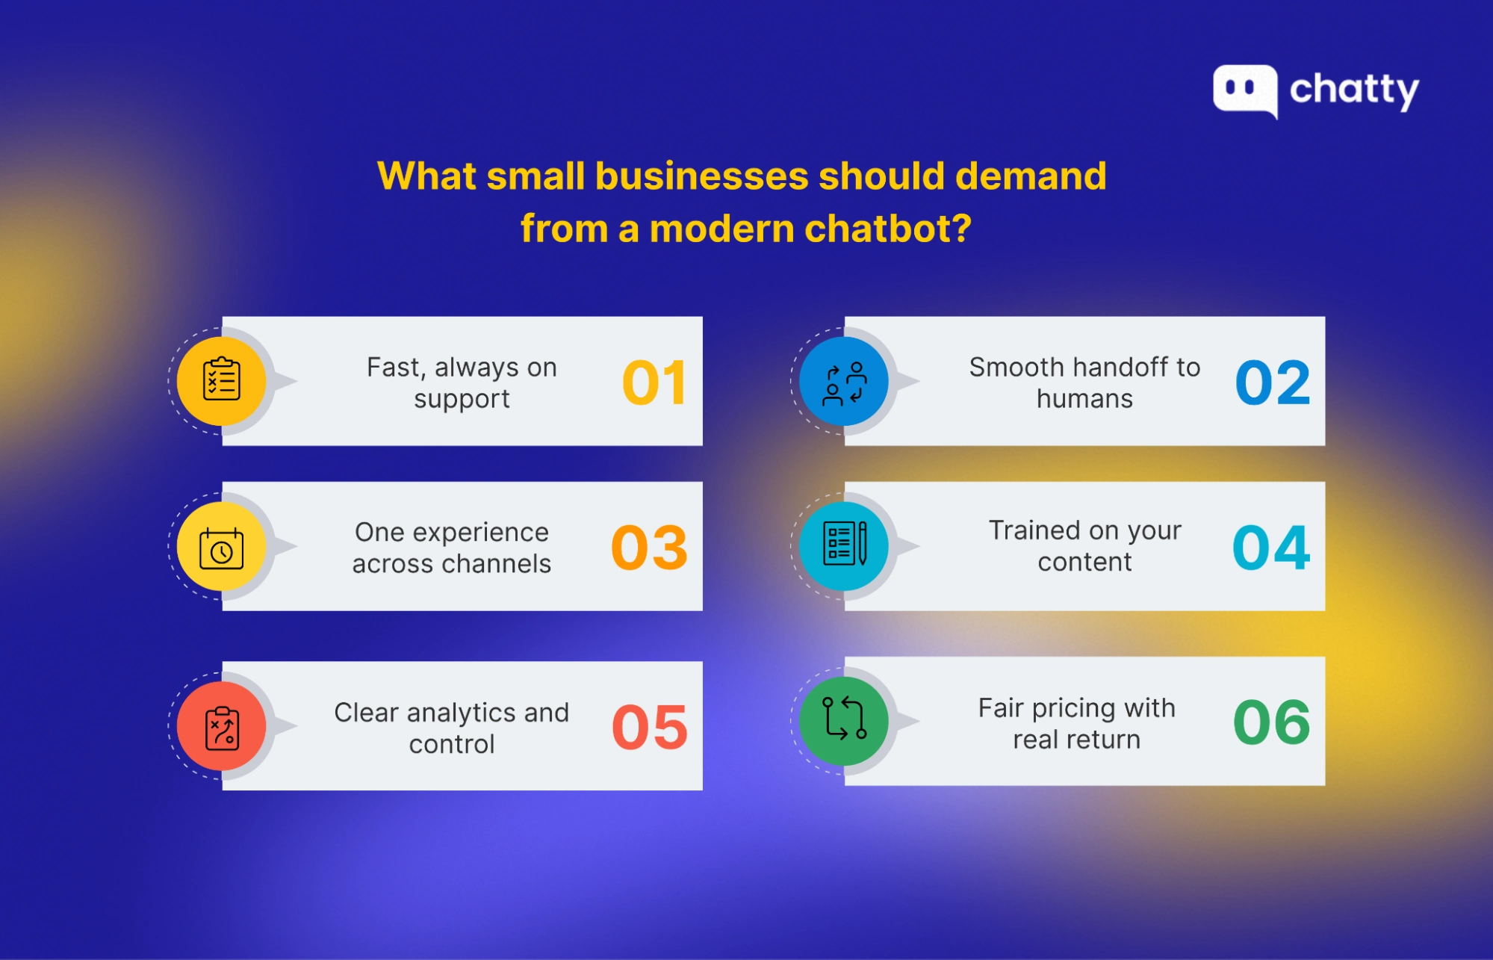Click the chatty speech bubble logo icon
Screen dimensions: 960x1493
click(x=1244, y=90)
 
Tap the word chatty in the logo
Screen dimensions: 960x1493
click(x=1354, y=90)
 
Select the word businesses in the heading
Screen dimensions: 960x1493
click(x=701, y=176)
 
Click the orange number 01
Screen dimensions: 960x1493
click(x=654, y=383)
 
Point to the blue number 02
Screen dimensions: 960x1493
click(x=1273, y=383)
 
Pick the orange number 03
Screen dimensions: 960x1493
click(x=649, y=548)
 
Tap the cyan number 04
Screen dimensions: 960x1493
click(x=1271, y=548)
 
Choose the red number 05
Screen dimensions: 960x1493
click(x=649, y=728)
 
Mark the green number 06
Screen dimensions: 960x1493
click(x=1271, y=722)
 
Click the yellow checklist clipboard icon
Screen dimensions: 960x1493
click(x=222, y=381)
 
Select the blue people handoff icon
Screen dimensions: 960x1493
click(x=844, y=383)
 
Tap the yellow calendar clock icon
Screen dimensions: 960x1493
click(x=222, y=548)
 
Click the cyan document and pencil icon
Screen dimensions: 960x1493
click(x=844, y=545)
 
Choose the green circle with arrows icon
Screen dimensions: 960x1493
click(x=844, y=720)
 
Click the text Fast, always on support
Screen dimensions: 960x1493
click(x=462, y=383)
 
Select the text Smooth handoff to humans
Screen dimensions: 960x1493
click(x=1084, y=383)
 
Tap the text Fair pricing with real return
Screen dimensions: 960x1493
click(x=1077, y=723)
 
